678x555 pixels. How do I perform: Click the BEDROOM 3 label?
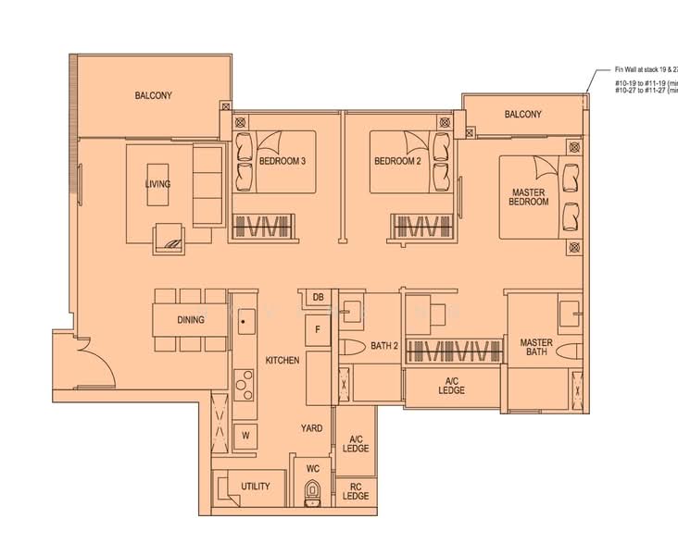[x=282, y=161]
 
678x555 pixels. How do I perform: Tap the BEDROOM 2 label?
[x=397, y=161]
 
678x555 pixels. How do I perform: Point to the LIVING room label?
[x=157, y=184]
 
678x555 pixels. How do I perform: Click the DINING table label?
[x=190, y=320]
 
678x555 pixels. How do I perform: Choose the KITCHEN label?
[x=282, y=360]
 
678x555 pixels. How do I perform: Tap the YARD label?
[x=310, y=428]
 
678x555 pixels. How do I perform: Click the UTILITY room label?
[x=255, y=486]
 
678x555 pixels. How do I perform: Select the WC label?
[x=312, y=468]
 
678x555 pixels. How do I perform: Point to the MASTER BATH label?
[x=535, y=348]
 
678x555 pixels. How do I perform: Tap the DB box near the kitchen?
[x=318, y=297]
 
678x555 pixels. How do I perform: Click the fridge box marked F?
[x=318, y=328]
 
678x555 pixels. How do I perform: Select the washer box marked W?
[x=245, y=435]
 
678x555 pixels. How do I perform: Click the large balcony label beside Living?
[x=153, y=95]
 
